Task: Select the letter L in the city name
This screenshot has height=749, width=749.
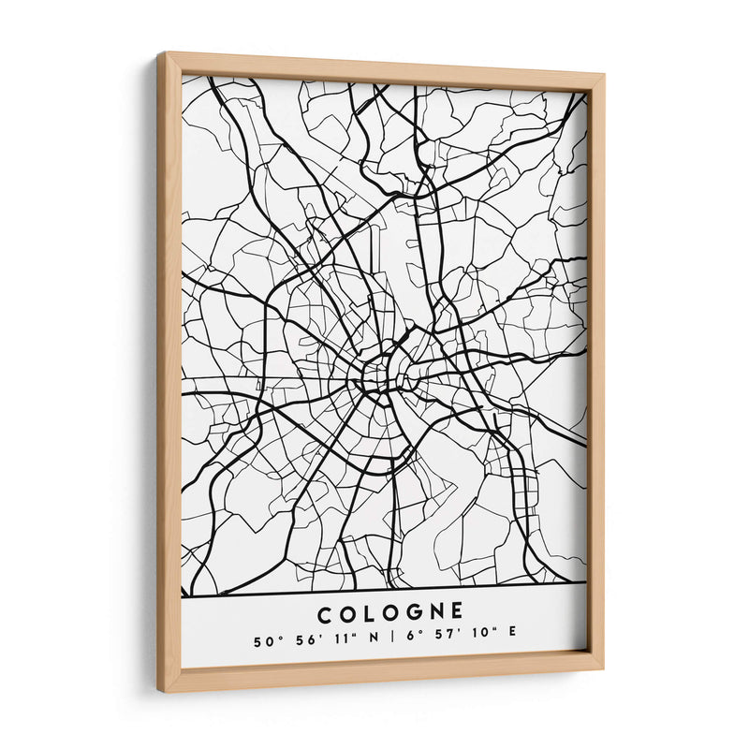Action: (367, 613)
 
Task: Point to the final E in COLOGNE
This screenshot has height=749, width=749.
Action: (456, 613)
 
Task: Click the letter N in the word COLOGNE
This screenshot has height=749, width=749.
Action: (433, 613)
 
